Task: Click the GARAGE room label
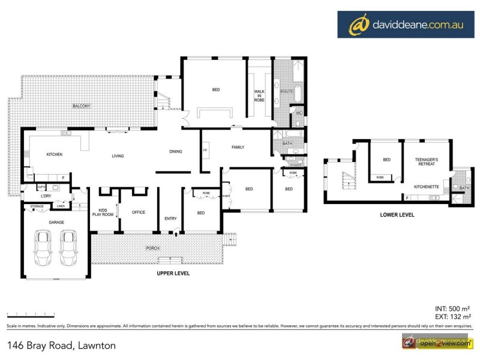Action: point(56,222)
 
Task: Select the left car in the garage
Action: point(45,248)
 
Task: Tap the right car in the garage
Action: point(70,248)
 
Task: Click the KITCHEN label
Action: point(55,155)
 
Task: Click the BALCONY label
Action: point(82,106)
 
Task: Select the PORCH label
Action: point(152,248)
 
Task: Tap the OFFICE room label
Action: point(139,212)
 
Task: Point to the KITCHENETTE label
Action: point(428,187)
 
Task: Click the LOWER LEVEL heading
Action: point(397,214)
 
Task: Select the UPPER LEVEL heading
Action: point(173,274)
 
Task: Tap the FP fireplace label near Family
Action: point(205,150)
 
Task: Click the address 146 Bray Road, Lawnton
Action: point(61,345)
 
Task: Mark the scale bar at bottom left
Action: point(30,314)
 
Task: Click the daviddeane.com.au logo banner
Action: point(405,25)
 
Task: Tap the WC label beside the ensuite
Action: point(299,113)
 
